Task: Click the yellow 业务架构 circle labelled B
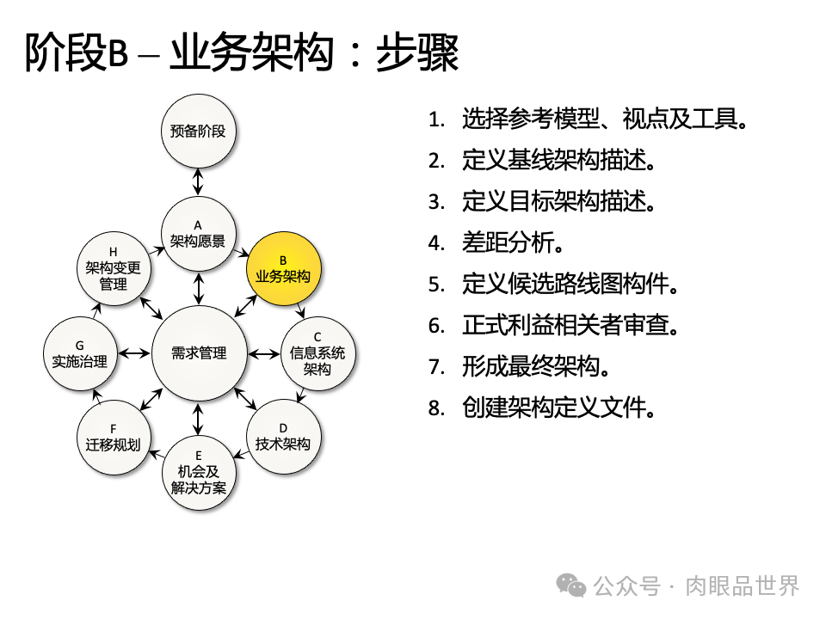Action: [283, 268]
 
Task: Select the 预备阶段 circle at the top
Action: [198, 132]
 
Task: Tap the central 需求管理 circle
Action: [199, 353]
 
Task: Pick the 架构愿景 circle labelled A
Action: [198, 233]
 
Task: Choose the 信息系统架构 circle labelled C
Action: [317, 352]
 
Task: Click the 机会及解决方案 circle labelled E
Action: [199, 472]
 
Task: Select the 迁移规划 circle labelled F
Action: [114, 436]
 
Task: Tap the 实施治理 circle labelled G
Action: [79, 353]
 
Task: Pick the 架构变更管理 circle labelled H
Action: [114, 268]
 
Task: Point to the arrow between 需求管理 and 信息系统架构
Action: [263, 353]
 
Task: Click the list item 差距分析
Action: [513, 243]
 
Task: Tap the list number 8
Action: [436, 408]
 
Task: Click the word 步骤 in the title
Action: [417, 53]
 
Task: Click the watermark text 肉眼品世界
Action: [742, 585]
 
